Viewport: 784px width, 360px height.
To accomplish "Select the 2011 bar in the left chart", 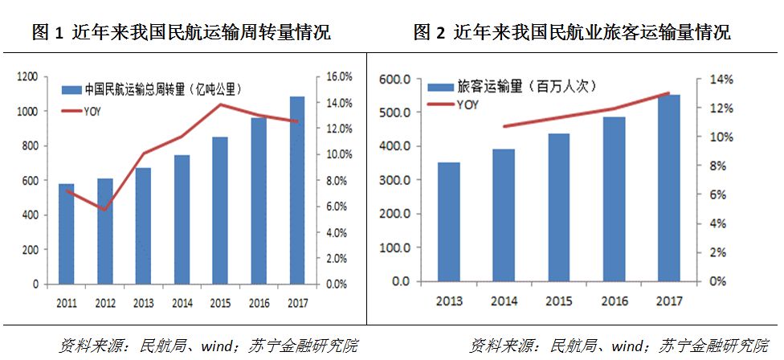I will (67, 234).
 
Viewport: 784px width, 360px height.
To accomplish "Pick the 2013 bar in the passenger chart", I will (449, 222).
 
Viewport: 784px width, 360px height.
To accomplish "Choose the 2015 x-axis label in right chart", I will (559, 301).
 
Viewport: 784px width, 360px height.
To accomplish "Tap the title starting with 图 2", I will (572, 33).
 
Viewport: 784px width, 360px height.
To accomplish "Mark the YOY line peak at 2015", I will (220, 104).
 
